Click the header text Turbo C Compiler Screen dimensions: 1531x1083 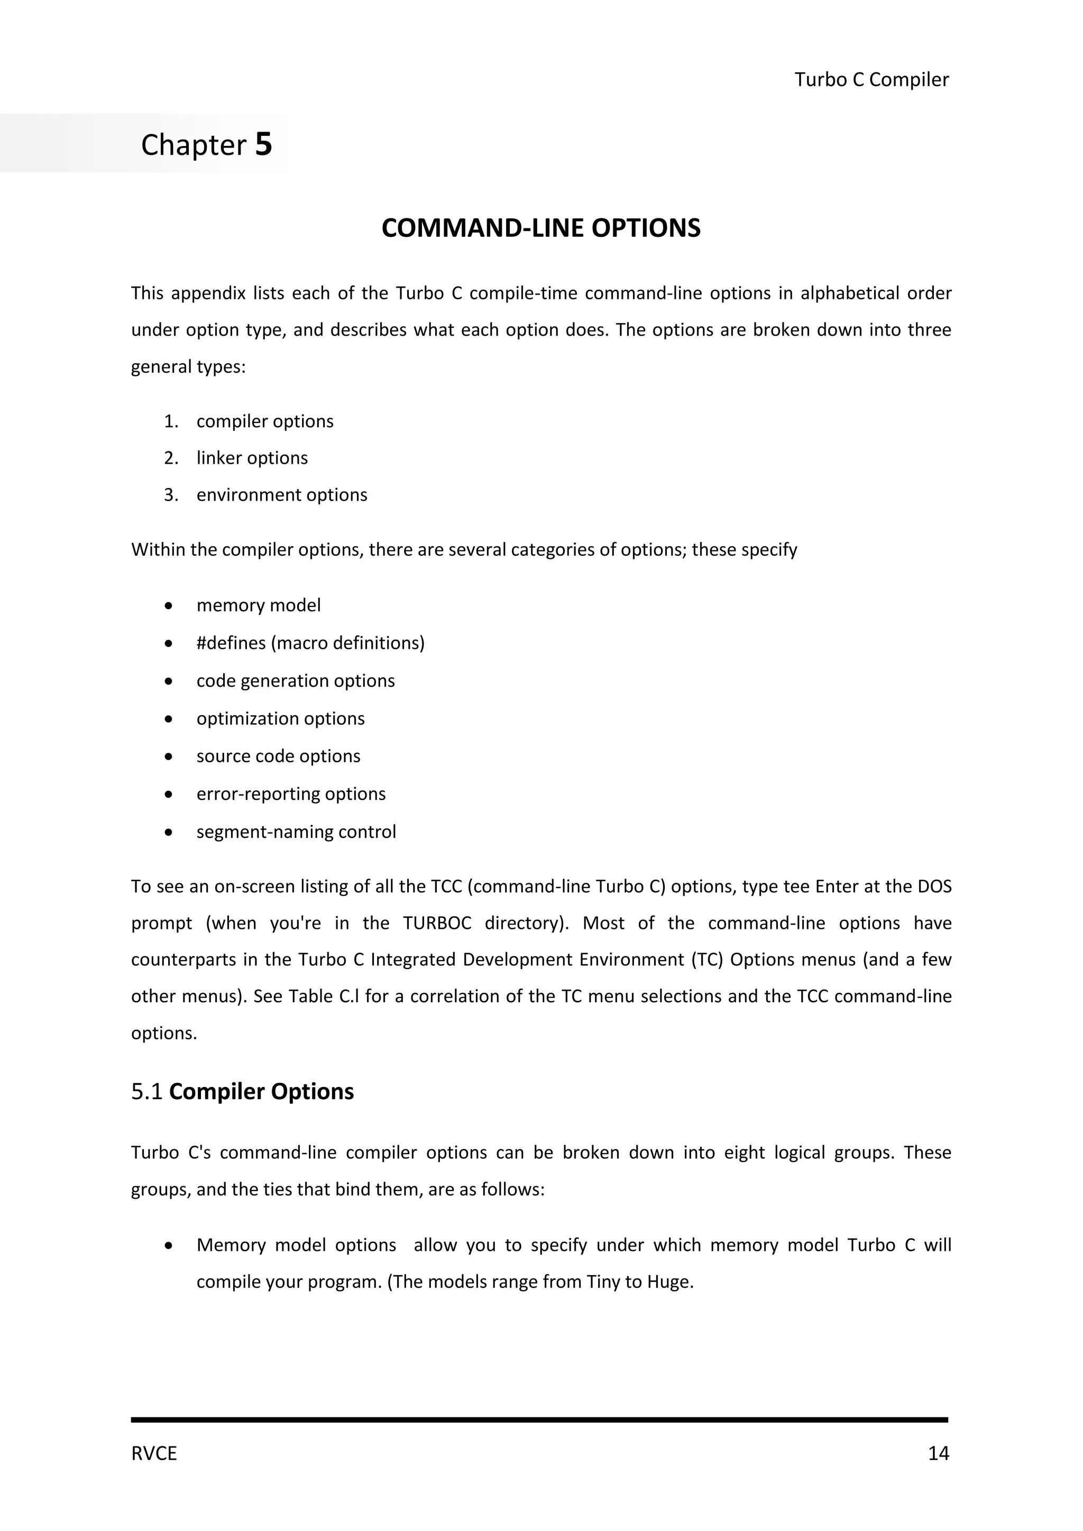(871, 79)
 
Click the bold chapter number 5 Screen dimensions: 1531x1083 (263, 144)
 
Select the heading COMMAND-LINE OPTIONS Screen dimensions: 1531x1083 (541, 228)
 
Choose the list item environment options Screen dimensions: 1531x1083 (281, 495)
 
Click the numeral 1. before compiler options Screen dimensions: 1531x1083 (171, 421)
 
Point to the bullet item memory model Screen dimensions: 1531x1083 (258, 605)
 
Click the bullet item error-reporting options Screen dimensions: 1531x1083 (291, 794)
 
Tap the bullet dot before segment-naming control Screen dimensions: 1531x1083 (169, 832)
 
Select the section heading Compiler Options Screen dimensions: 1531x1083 (261, 1092)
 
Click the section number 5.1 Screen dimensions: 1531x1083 (146, 1092)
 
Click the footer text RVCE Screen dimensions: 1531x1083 (154, 1454)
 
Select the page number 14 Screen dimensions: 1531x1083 (938, 1454)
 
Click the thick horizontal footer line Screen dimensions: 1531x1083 (539, 1419)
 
